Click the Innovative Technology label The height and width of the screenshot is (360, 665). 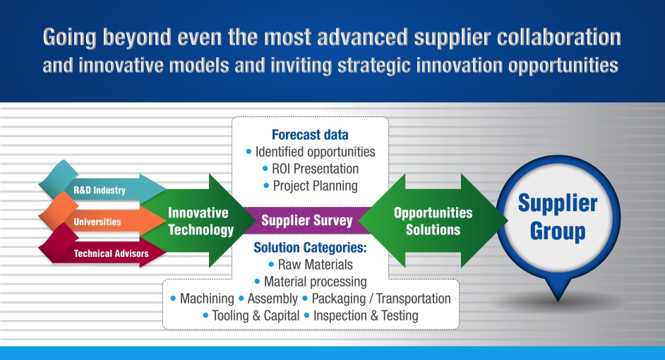tap(200, 221)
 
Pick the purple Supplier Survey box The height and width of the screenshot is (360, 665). tap(306, 220)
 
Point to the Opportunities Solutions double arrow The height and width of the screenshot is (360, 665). tap(433, 220)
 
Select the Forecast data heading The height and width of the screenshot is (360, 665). tap(310, 135)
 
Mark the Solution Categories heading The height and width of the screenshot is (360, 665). tap(310, 248)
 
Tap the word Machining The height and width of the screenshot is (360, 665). tap(207, 299)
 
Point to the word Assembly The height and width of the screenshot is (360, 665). tap(272, 299)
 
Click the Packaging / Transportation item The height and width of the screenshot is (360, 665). tap(381, 299)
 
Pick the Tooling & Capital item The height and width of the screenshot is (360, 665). tap(256, 316)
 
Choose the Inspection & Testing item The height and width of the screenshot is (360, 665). tap(366, 316)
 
